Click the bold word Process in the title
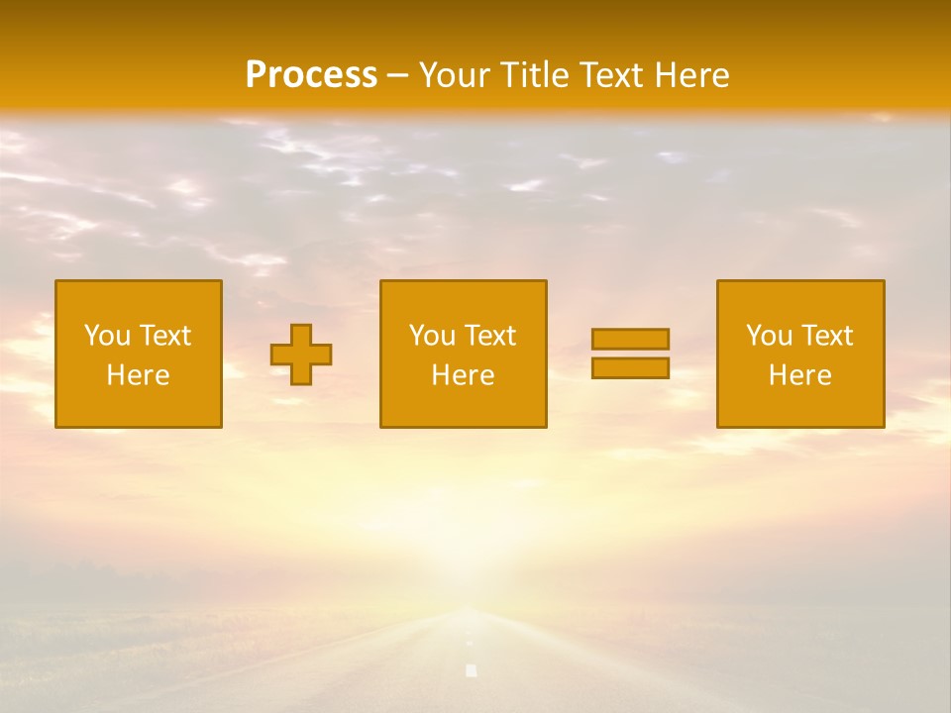point(311,75)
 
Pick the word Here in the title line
point(693,75)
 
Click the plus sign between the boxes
point(301,355)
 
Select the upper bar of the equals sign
point(630,339)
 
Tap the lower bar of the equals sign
point(630,368)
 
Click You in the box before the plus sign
point(107,336)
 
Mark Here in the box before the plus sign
point(138,375)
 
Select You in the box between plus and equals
point(432,336)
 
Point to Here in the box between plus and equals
point(463,375)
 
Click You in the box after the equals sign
point(769,336)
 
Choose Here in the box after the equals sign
point(799,375)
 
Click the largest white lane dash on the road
point(472,671)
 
